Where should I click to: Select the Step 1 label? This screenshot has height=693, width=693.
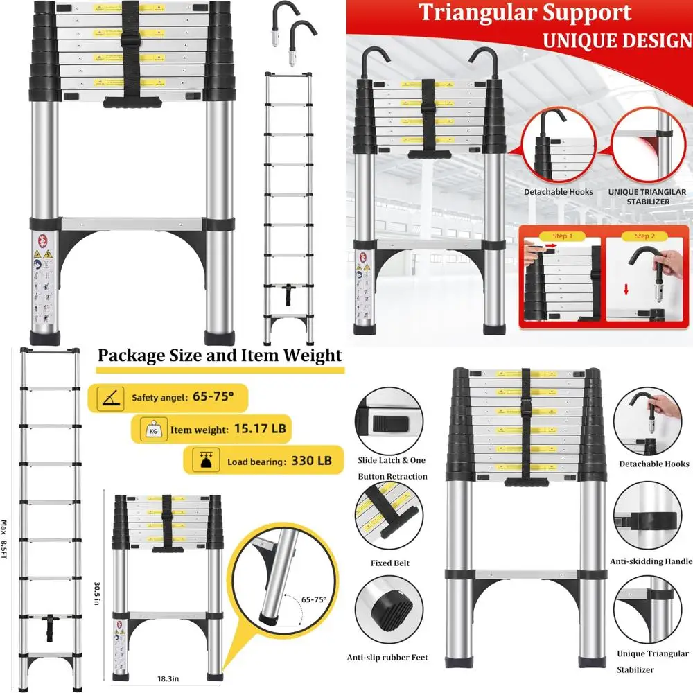[x=562, y=236]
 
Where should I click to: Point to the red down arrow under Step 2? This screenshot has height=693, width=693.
[x=626, y=290]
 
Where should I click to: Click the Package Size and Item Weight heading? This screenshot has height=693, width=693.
[x=220, y=356]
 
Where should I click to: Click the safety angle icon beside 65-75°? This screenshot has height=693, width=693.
[x=110, y=398]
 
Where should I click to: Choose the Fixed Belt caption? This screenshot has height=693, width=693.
[x=391, y=563]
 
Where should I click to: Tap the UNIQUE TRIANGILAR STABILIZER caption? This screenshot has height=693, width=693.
[x=647, y=196]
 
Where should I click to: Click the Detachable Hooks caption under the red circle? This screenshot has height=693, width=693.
[x=559, y=191]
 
